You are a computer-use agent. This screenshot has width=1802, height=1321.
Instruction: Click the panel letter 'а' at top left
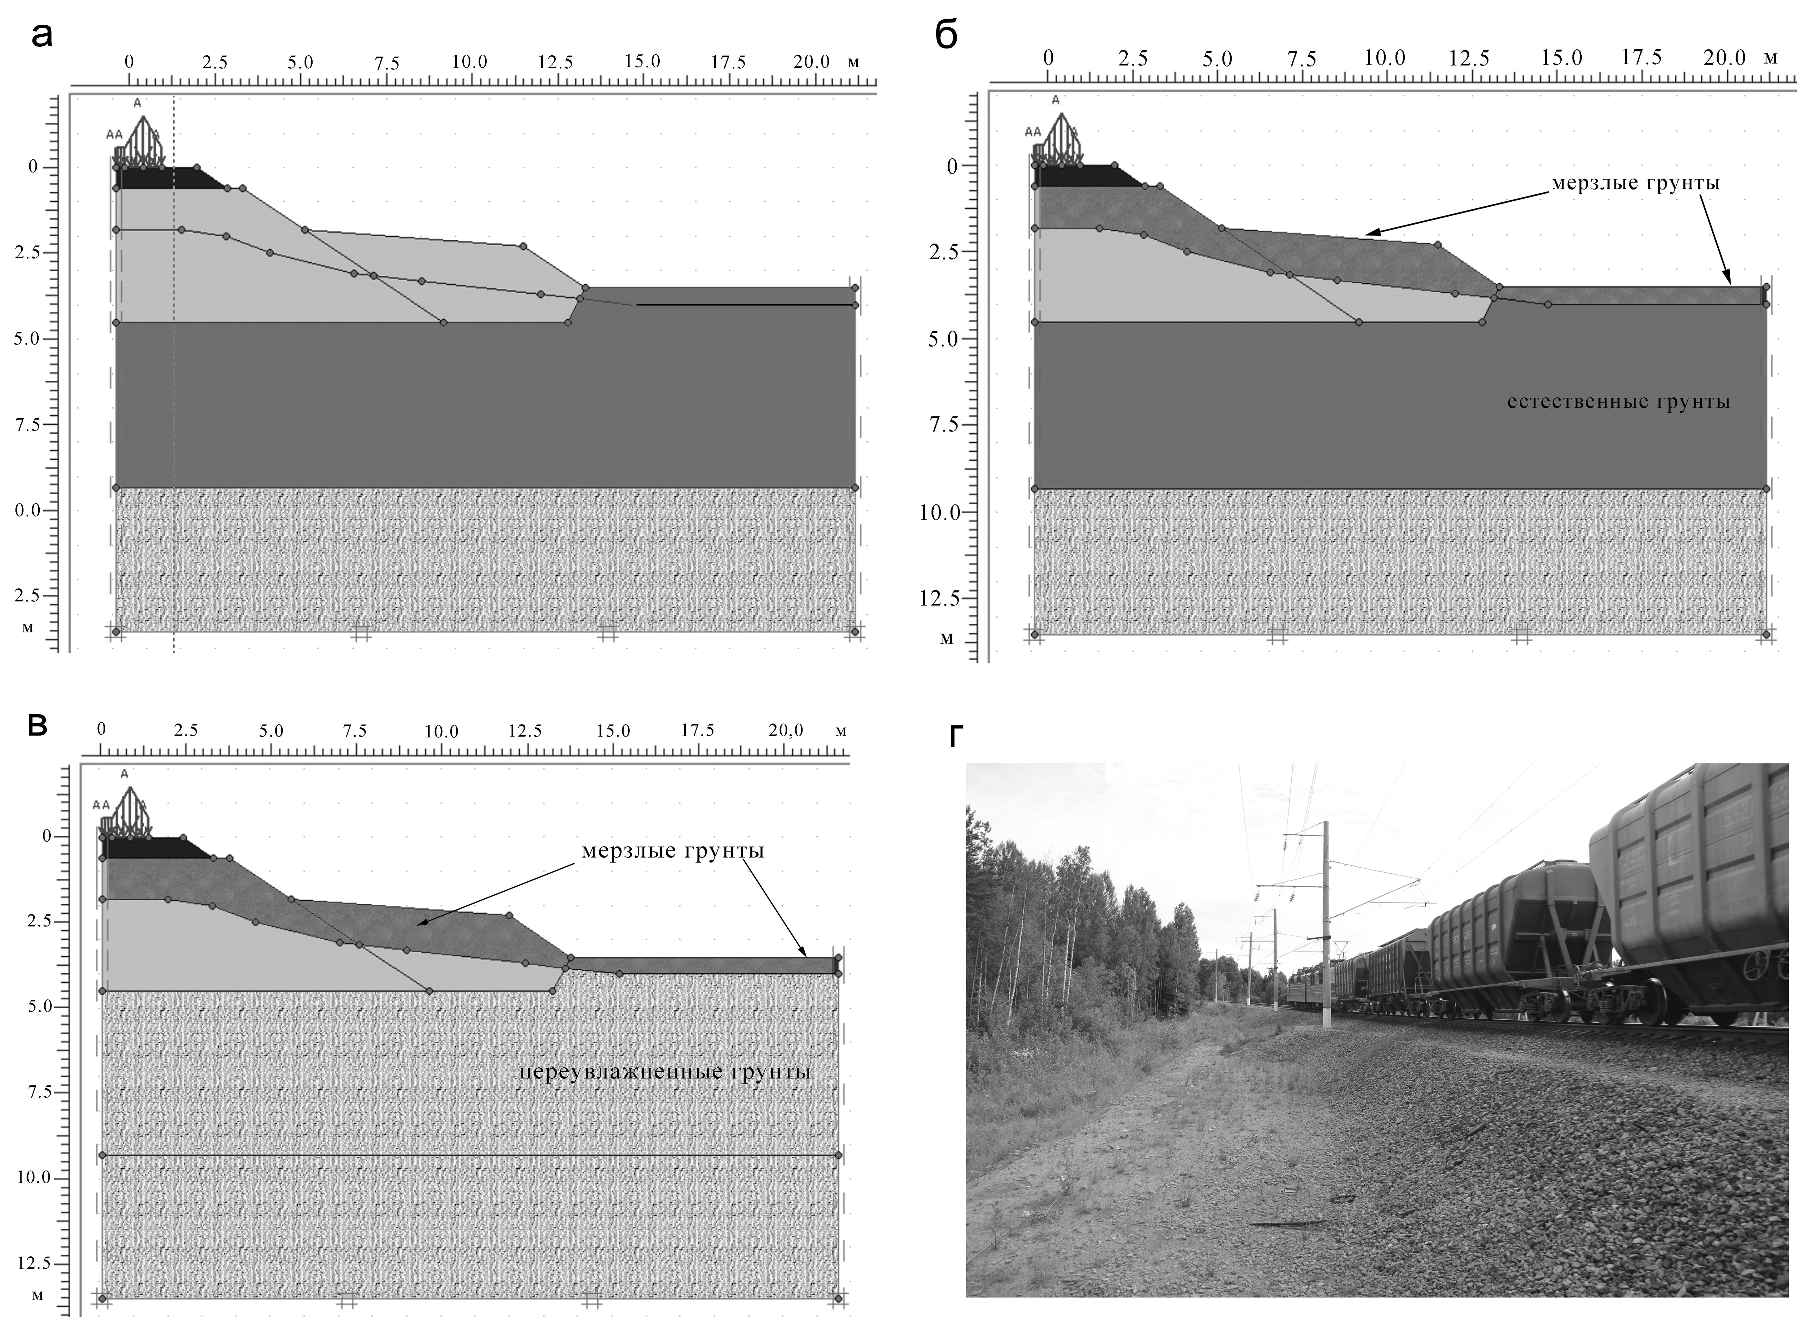tap(42, 36)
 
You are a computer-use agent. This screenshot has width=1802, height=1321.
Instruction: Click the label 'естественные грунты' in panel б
tap(1618, 401)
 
